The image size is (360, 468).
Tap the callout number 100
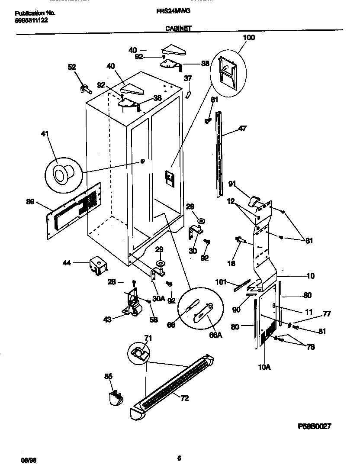[249, 38]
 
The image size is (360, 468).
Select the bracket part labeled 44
[98, 265]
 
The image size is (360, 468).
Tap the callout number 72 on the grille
[185, 398]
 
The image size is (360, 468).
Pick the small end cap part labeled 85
[114, 397]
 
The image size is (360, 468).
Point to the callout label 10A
[264, 367]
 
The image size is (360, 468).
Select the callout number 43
[108, 320]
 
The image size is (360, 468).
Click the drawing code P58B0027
[315, 426]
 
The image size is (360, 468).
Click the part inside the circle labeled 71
[138, 353]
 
